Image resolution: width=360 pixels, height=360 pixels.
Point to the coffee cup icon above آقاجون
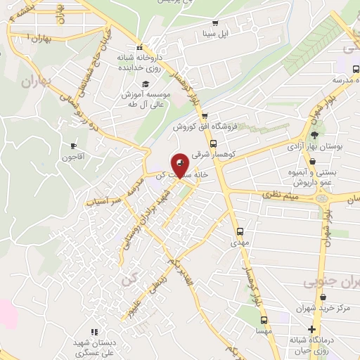click(x=73, y=146)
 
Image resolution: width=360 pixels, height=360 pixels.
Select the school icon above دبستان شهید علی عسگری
click(x=94, y=332)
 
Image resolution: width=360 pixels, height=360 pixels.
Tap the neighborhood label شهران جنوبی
click(x=330, y=281)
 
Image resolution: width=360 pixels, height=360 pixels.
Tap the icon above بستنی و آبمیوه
click(x=311, y=161)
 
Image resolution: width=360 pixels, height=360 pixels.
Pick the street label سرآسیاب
click(x=103, y=199)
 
